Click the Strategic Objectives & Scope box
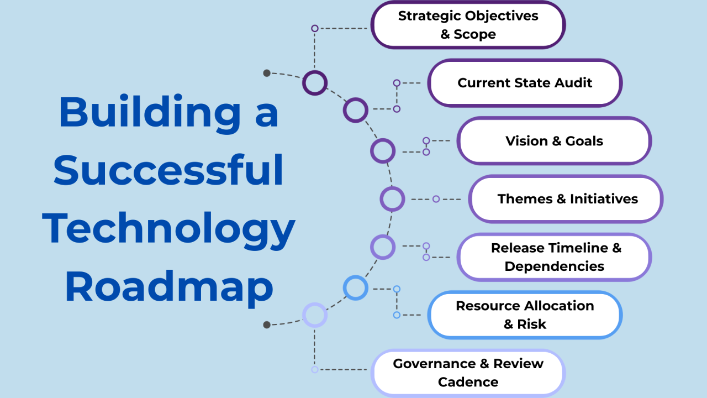[468, 25]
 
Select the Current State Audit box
[525, 83]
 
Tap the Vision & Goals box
[554, 141]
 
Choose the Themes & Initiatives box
[566, 199]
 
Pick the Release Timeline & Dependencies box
[555, 257]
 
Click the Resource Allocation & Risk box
[525, 315]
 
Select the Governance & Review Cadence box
[468, 373]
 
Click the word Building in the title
[149, 112]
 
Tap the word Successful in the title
[168, 170]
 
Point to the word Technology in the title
[168, 229]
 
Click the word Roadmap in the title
[168, 287]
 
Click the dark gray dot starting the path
[267, 73]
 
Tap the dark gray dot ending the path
[267, 324]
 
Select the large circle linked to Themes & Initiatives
[392, 199]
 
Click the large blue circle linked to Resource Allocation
[355, 288]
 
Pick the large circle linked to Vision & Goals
[382, 151]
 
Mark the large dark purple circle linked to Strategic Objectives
[315, 83]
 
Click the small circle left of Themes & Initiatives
[436, 199]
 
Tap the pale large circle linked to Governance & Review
[315, 315]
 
